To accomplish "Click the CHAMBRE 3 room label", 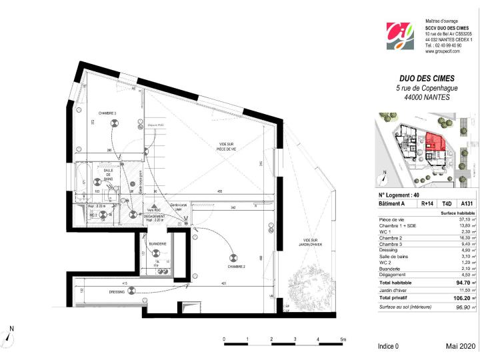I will [107, 113].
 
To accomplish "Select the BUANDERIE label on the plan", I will [157, 244].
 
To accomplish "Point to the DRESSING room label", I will [117, 291].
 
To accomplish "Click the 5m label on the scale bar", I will [342, 339].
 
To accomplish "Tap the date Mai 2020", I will [459, 347].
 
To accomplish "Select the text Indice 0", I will [388, 347].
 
